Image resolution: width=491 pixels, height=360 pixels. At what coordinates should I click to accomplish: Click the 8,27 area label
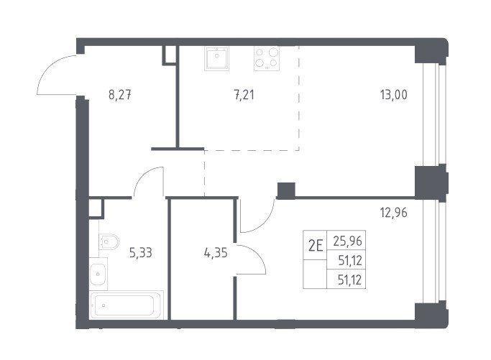pos(119,95)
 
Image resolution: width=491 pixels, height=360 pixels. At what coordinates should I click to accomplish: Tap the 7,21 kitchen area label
pos(244,95)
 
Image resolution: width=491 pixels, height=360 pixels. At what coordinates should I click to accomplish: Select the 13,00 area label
pos(394,95)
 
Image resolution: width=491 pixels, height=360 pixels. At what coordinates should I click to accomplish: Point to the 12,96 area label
pos(394,213)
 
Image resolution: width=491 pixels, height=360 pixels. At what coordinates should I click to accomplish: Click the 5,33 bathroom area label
pos(141,252)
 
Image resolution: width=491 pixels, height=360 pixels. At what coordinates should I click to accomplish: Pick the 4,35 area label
pos(216,252)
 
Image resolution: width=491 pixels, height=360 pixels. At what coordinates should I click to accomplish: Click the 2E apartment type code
pos(316,246)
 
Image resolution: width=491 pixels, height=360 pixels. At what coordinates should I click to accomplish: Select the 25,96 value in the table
pos(348,241)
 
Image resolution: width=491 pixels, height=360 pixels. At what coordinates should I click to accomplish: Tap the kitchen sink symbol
pos(216,58)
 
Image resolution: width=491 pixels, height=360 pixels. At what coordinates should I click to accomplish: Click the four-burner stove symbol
pos(267,58)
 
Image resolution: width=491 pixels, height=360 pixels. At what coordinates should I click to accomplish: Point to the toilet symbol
pos(109,242)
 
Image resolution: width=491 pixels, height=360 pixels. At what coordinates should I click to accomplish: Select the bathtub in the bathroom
pos(127,305)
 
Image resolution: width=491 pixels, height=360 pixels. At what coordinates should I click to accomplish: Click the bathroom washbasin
pos(98,274)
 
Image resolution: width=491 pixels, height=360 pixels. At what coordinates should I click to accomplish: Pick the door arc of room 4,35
pos(257,254)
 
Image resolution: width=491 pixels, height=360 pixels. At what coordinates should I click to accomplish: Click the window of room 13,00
pos(434,114)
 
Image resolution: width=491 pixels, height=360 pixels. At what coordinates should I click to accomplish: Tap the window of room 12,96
pos(434,252)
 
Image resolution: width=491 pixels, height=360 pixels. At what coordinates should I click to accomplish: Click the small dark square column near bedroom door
pos(286,190)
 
